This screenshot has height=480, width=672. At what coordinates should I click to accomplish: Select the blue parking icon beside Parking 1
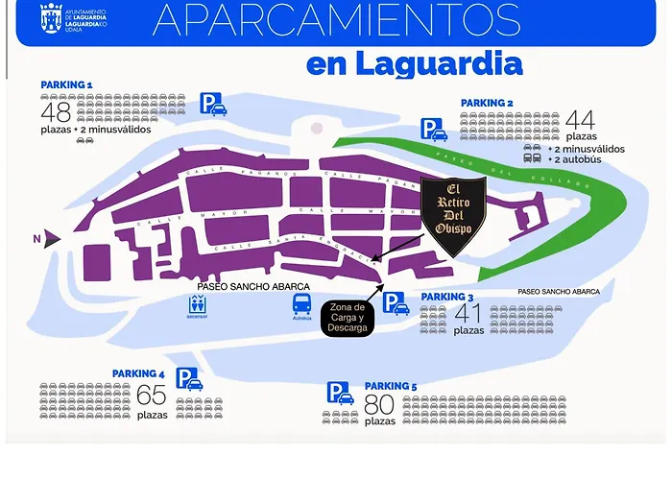click(x=213, y=104)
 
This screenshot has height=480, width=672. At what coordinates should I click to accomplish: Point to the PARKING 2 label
click(x=487, y=103)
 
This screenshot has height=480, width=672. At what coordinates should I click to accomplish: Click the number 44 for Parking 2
click(x=580, y=121)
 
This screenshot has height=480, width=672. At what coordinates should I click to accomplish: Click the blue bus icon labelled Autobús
click(x=301, y=304)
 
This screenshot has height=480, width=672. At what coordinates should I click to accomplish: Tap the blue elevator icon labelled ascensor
click(x=199, y=304)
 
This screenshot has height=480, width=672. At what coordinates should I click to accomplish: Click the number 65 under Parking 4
click(x=152, y=396)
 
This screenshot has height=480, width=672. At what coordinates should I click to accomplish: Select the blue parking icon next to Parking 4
click(x=189, y=380)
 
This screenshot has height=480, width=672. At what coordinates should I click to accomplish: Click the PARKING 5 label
click(x=391, y=386)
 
